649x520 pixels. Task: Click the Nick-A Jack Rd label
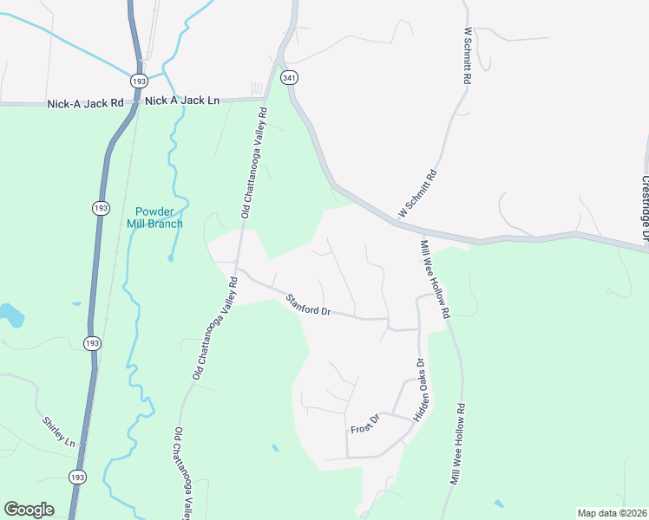point(85,103)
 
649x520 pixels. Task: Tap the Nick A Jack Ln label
point(182,101)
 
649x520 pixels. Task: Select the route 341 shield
point(289,77)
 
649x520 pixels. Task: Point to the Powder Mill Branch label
point(159,218)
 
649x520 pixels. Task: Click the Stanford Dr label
point(309,305)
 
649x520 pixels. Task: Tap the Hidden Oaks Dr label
point(422,390)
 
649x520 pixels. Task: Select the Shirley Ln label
point(59,432)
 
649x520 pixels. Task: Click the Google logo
point(29,510)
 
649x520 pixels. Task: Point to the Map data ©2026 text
point(611,513)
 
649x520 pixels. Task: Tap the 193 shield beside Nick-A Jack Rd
point(139,80)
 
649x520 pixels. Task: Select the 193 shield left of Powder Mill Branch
point(101,208)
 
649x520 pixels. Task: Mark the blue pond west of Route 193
point(10,314)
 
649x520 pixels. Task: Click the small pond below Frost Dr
point(275,448)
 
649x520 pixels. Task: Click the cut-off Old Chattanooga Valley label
point(183,473)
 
